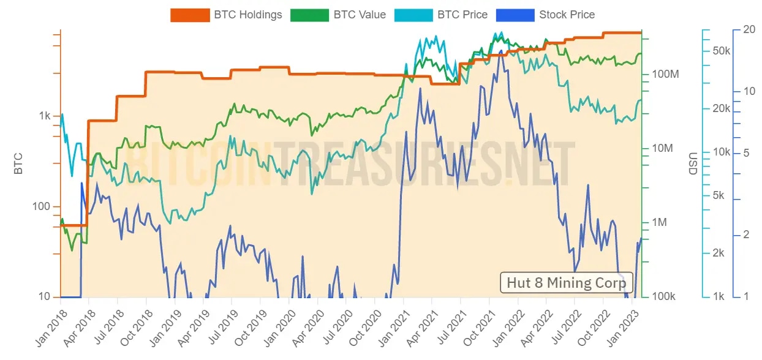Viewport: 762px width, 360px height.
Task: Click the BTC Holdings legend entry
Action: [x=227, y=15]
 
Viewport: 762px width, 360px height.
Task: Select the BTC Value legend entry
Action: [x=338, y=15]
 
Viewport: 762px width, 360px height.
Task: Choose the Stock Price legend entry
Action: [x=551, y=15]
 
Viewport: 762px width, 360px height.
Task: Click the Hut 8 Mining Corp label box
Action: [x=566, y=283]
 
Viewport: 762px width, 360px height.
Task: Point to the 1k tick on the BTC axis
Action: [x=45, y=116]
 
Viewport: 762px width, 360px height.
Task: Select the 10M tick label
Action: [x=663, y=149]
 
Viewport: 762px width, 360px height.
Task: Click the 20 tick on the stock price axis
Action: [x=749, y=29]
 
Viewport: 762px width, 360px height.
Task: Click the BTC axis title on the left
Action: [x=18, y=164]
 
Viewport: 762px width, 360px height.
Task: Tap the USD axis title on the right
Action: [x=693, y=164]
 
